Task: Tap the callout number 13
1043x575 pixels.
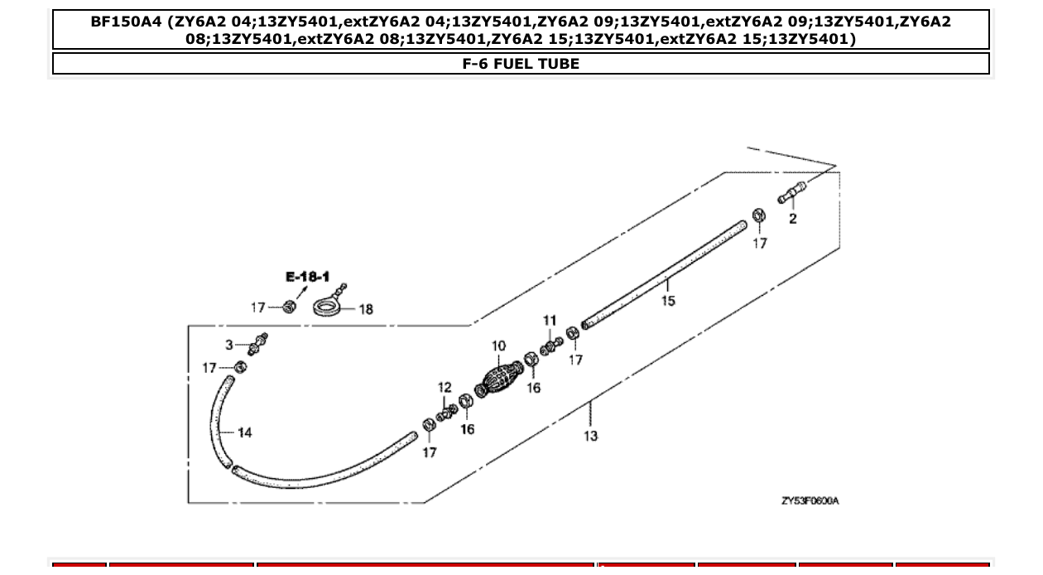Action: pyautogui.click(x=590, y=436)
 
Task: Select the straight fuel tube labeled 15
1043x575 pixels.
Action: pyautogui.click(x=662, y=273)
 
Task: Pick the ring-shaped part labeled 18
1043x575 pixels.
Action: pyautogui.click(x=329, y=307)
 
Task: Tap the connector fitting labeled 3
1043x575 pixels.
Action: pyautogui.click(x=257, y=344)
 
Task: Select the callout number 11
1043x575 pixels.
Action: pyautogui.click(x=550, y=321)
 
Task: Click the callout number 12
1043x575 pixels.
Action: pyautogui.click(x=445, y=387)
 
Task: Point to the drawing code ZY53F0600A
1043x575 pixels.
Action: pyautogui.click(x=810, y=501)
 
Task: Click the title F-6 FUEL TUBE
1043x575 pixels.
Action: pyautogui.click(x=521, y=64)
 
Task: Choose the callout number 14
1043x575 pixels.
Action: pyautogui.click(x=244, y=432)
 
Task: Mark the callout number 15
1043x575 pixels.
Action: pyautogui.click(x=668, y=301)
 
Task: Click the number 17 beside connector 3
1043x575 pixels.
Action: pyautogui.click(x=209, y=368)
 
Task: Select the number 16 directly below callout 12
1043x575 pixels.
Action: pyautogui.click(x=468, y=429)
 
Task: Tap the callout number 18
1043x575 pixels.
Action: pyautogui.click(x=365, y=310)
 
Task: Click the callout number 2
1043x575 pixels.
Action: pyautogui.click(x=793, y=220)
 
